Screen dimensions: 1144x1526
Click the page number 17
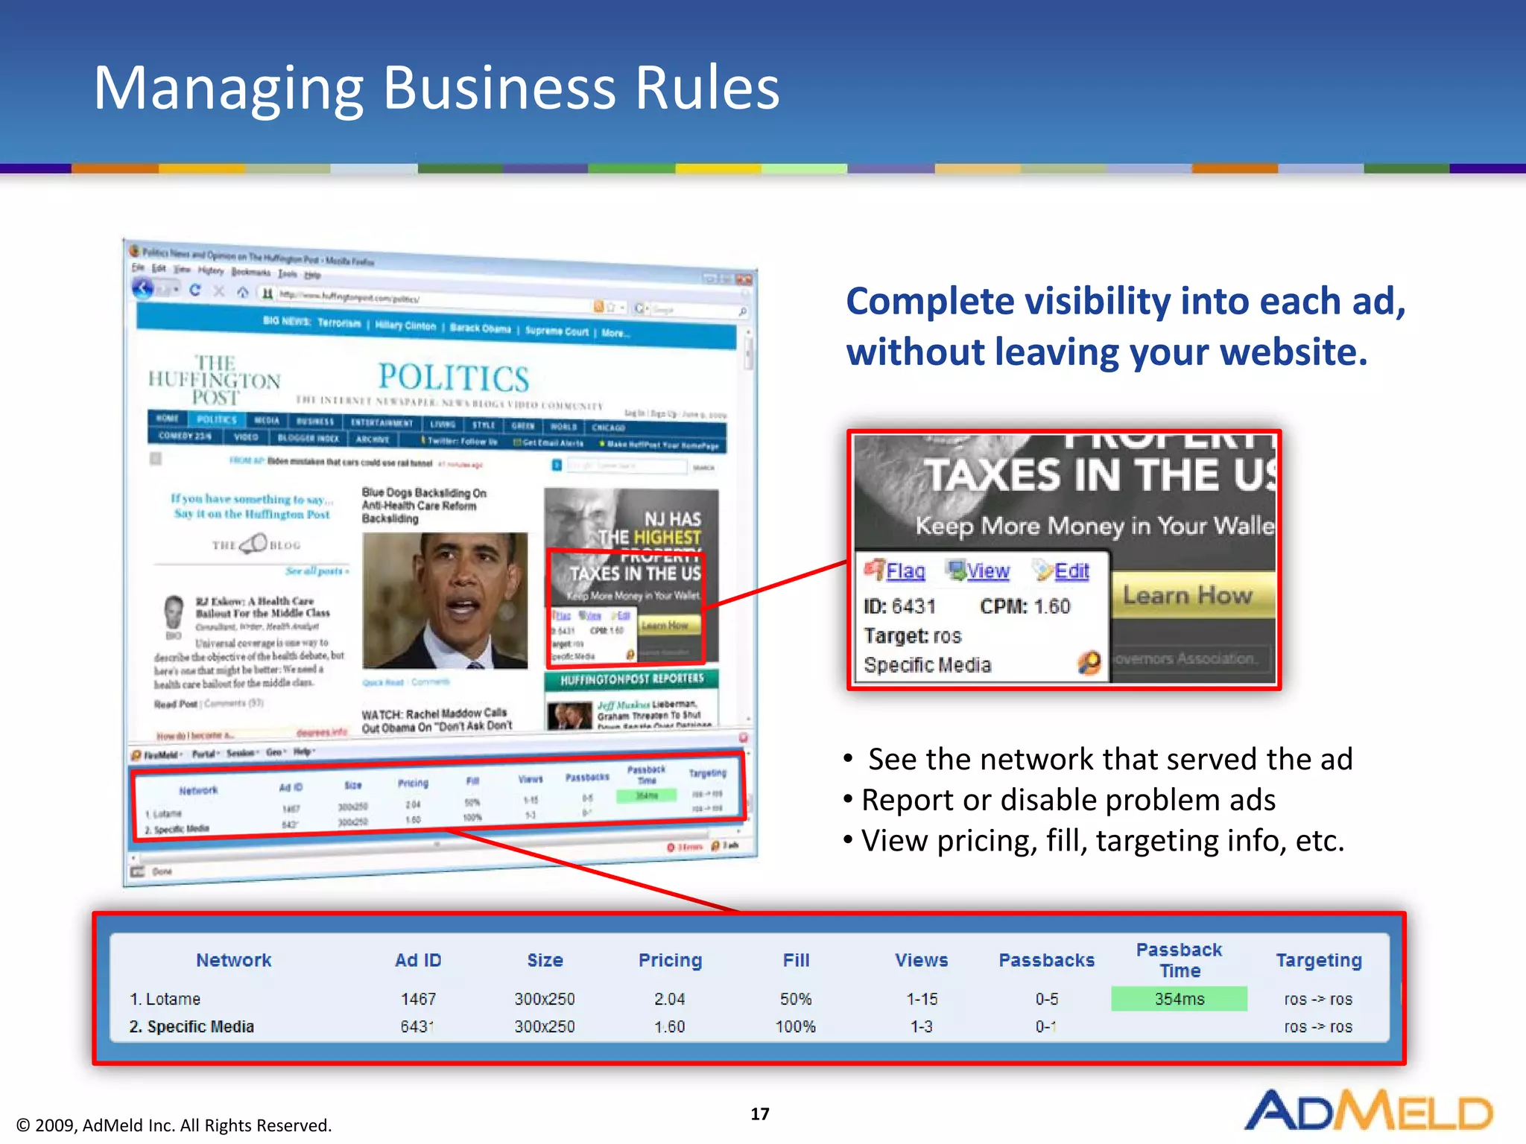[759, 1113]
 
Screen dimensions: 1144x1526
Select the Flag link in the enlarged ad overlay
[905, 571]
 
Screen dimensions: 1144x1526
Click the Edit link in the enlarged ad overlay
[1071, 571]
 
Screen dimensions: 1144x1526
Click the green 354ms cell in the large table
[1179, 999]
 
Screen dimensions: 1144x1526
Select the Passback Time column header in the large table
[1179, 960]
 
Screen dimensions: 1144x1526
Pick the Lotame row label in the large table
[172, 999]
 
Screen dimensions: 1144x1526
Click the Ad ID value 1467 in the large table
[418, 999]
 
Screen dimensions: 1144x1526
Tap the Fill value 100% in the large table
[795, 1026]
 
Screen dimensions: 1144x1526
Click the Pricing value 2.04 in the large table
[669, 999]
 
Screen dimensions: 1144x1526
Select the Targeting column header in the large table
[1318, 960]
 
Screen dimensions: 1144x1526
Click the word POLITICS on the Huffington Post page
[454, 378]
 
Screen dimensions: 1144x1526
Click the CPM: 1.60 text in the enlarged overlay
[1025, 606]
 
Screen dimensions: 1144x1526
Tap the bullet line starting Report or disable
[1068, 800]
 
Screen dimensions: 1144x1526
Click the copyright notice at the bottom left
[174, 1125]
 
